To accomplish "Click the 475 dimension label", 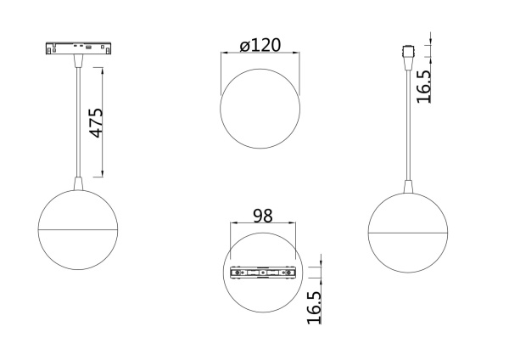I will [x=96, y=123].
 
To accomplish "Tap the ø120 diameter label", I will [x=260, y=46].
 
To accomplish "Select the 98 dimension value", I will [x=263, y=216].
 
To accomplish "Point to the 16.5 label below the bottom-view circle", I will [x=314, y=307].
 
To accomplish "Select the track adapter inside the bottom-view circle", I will [x=263, y=273].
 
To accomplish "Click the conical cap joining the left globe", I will [x=78, y=183].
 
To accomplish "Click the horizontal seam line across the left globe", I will [x=78, y=229].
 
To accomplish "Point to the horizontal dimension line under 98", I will [x=263, y=225].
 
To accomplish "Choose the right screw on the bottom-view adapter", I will [x=287, y=273].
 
